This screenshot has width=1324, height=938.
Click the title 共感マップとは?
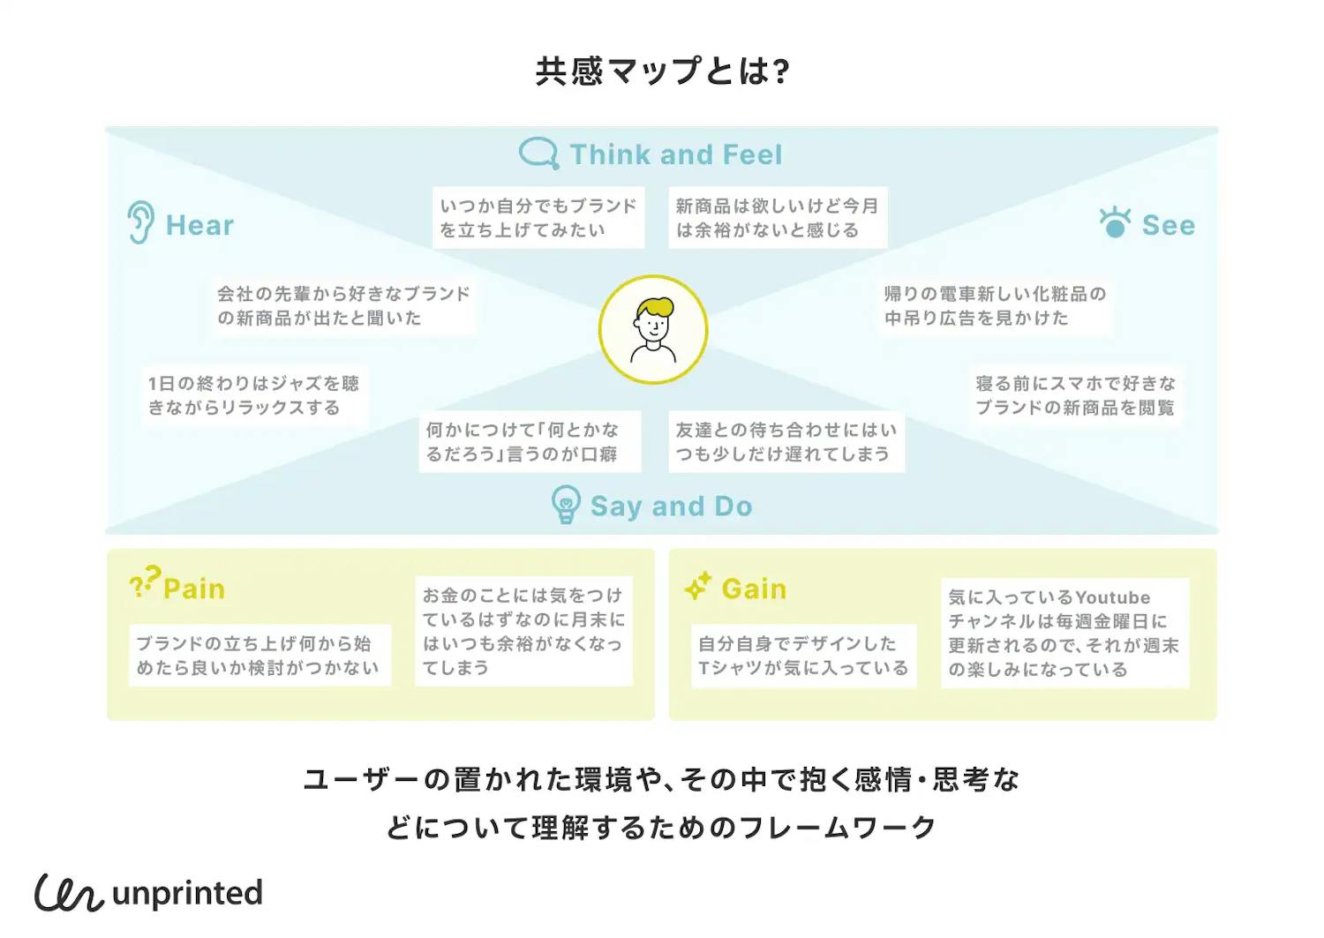[x=662, y=71]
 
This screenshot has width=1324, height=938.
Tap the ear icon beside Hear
[x=140, y=222]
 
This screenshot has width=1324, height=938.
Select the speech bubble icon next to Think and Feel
[x=538, y=154]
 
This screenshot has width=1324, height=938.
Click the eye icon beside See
[x=1115, y=222]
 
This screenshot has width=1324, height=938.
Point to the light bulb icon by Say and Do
[x=565, y=505]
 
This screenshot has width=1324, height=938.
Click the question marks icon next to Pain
[x=145, y=582]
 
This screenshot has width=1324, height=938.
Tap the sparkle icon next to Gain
[x=698, y=587]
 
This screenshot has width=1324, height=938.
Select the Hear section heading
[x=199, y=226]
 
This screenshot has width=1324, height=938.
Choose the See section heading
[x=1168, y=226]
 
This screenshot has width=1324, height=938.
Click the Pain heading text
[x=194, y=589]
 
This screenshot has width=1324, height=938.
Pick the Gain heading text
[x=754, y=589]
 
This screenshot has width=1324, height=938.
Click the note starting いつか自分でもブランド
[x=538, y=218]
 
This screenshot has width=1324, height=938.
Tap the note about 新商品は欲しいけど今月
[x=777, y=218]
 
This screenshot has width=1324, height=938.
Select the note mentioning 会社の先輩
[x=343, y=306]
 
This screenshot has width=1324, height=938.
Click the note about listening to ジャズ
[x=253, y=395]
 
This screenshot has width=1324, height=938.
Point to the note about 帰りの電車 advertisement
[x=995, y=306]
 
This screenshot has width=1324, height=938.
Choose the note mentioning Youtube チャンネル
[x=1064, y=634]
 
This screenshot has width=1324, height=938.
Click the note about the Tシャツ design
[x=803, y=657]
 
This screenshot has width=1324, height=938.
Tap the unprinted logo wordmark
[x=187, y=893]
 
